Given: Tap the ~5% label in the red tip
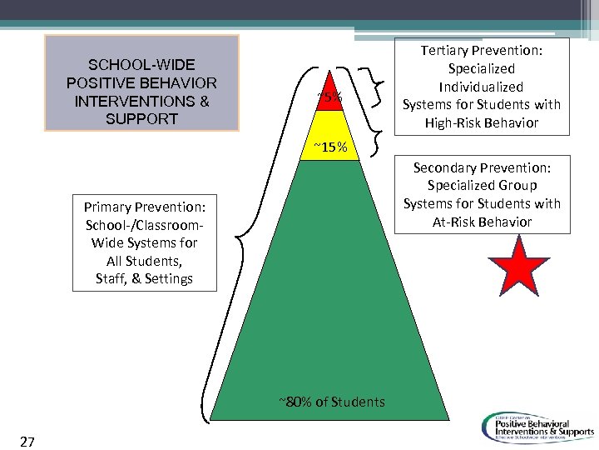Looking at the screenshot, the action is tap(329, 98).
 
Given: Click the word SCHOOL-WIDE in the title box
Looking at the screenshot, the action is tap(141, 65).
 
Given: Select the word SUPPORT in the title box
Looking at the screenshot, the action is tap(141, 119).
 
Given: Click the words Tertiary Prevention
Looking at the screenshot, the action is tap(482, 51).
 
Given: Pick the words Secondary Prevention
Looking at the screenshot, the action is tap(482, 167).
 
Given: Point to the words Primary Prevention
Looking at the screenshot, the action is tap(150, 206).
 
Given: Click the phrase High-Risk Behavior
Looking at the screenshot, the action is tap(482, 122).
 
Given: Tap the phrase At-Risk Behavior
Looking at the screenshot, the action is tap(482, 222).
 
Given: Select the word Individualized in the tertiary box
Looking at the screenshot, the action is tap(482, 87).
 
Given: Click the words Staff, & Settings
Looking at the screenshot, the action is tap(144, 278).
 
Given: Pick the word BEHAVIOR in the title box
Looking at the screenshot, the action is tap(182, 83).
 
